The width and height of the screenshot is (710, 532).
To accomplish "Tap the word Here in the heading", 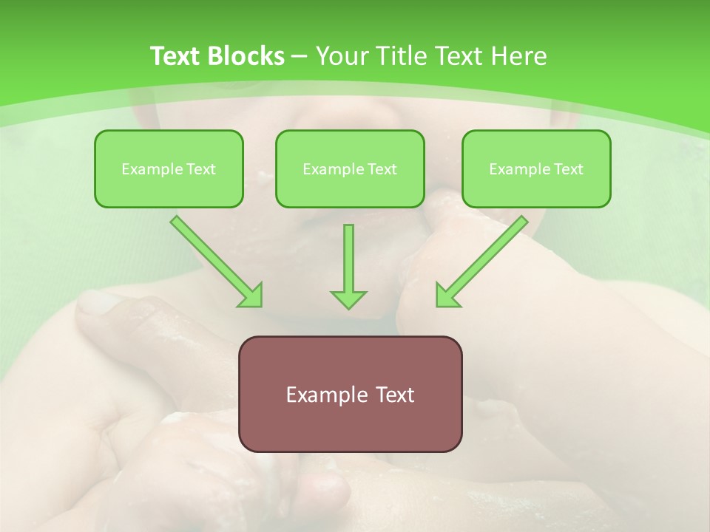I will pos(518,56).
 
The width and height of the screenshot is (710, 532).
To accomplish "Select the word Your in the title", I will pos(339,56).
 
